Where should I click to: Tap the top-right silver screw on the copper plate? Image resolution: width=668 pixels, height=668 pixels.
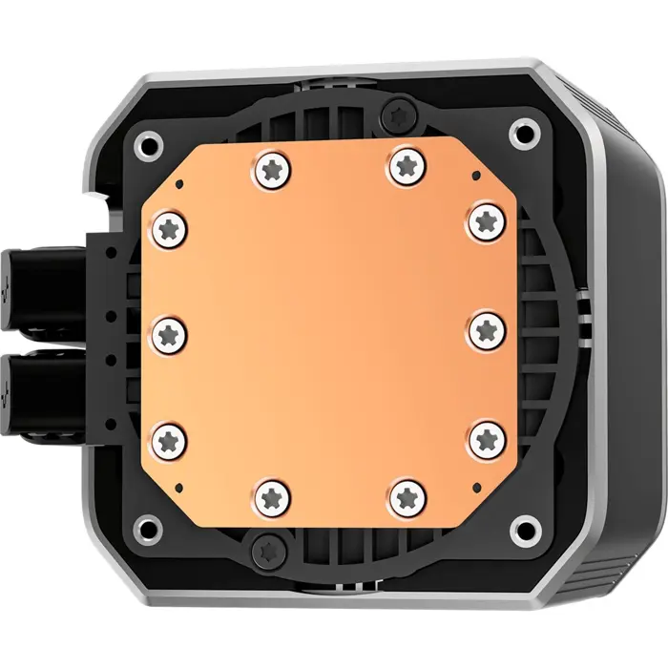(404, 168)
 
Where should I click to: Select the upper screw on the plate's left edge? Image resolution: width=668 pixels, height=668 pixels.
(170, 226)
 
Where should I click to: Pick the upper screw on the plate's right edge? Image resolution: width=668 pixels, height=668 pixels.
(487, 221)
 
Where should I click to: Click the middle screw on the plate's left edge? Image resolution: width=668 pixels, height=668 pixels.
(170, 333)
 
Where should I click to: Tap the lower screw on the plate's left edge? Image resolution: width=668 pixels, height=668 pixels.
(170, 440)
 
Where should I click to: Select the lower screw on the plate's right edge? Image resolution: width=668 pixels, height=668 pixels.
(488, 438)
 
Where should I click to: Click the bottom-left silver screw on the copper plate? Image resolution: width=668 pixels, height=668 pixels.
(272, 494)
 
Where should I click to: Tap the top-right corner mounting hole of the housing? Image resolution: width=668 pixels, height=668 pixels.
(522, 131)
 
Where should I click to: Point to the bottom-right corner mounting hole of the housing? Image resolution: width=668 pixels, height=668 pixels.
(523, 528)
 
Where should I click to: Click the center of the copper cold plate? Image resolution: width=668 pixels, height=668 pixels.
(329, 332)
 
